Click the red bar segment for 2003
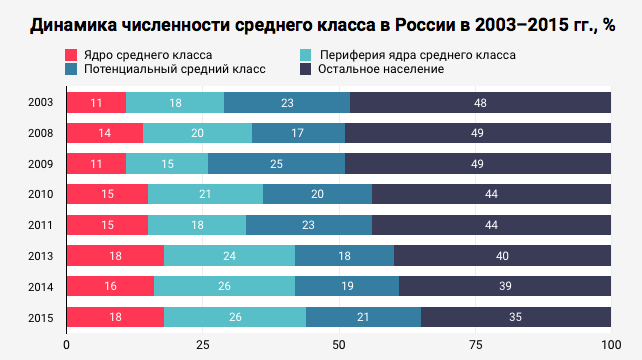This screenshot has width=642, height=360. click(x=96, y=102)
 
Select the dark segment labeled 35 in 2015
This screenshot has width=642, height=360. click(x=515, y=318)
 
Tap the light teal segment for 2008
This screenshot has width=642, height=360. click(x=197, y=133)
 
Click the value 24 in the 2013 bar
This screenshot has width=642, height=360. click(x=229, y=256)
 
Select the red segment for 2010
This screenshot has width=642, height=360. click(x=107, y=195)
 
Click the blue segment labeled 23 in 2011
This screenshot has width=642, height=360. click(x=308, y=225)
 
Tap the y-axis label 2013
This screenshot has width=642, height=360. click(x=41, y=256)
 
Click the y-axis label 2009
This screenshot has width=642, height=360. click(x=41, y=164)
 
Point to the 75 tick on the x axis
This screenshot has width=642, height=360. click(x=474, y=345)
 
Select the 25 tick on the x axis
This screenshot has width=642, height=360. click(x=202, y=345)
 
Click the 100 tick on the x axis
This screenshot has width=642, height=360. click(x=609, y=345)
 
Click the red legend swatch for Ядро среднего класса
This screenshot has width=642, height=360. click(x=71, y=54)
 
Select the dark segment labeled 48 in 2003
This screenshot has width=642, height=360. click(x=480, y=102)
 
